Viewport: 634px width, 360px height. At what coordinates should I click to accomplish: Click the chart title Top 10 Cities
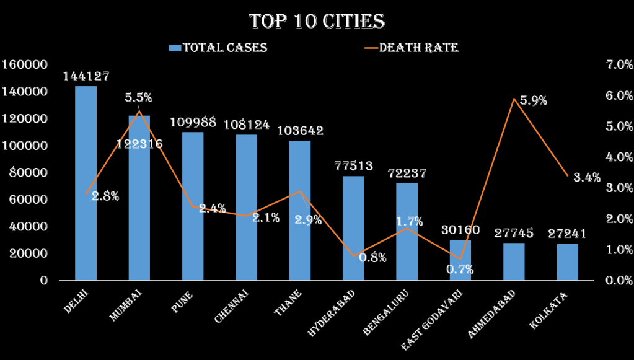[317, 21]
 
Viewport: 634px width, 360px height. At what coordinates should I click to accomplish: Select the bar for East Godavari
[460, 260]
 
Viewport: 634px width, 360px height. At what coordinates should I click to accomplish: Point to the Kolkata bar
[567, 261]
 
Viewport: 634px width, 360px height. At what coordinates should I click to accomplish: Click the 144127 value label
[86, 76]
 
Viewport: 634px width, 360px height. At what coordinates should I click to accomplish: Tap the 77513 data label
[353, 165]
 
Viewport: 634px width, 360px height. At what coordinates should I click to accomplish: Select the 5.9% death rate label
[534, 100]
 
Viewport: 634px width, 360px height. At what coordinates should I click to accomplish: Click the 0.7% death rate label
[460, 269]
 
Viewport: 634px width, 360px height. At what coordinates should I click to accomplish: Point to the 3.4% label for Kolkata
[586, 177]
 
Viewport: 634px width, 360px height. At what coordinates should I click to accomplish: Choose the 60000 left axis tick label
[29, 200]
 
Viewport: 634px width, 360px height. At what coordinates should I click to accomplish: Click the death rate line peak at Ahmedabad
[514, 99]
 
